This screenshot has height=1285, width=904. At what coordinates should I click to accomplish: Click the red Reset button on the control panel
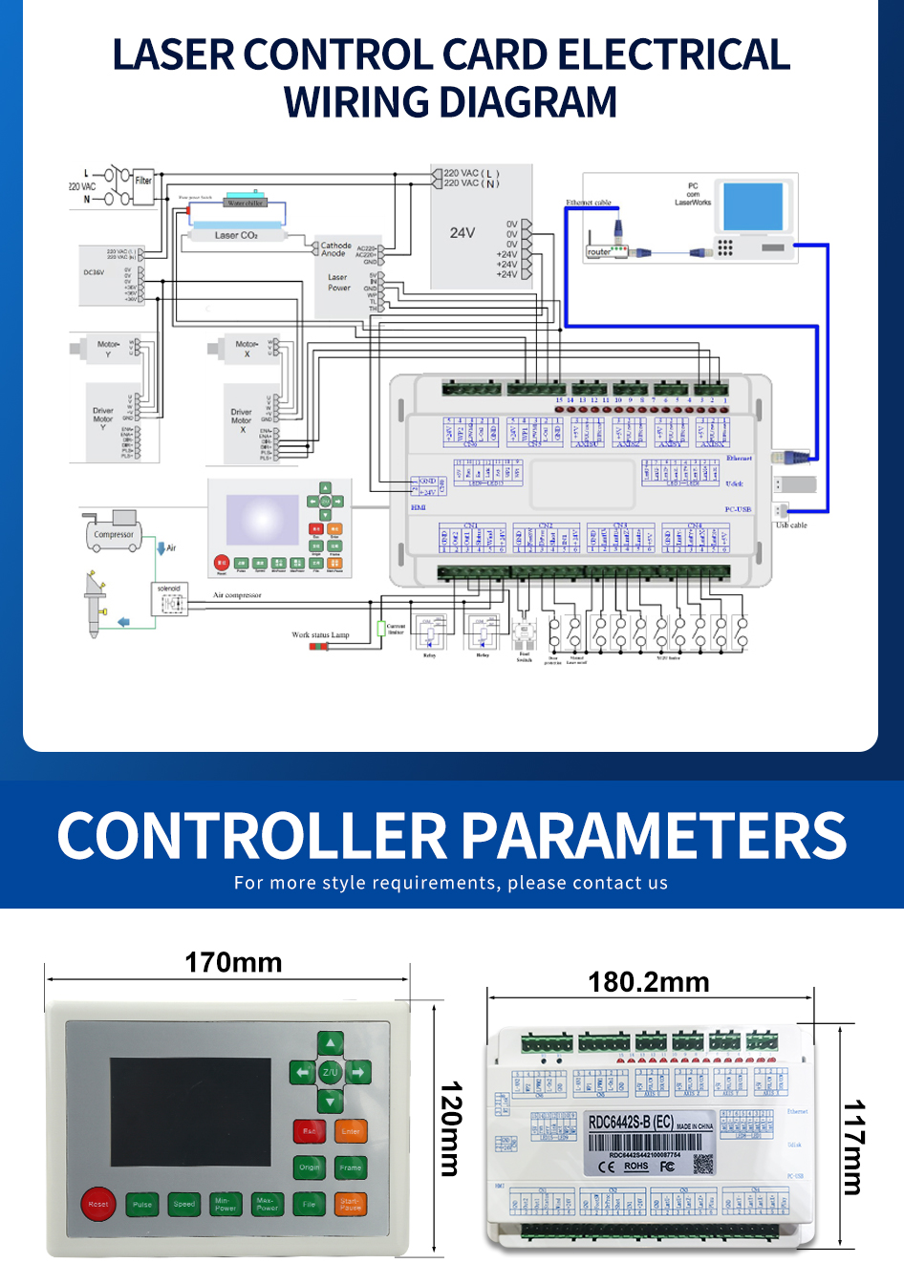(97, 1204)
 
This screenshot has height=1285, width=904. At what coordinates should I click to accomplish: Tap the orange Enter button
(351, 1131)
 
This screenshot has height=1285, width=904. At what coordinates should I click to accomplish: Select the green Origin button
(309, 1167)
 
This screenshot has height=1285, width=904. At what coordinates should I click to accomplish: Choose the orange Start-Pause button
(351, 1205)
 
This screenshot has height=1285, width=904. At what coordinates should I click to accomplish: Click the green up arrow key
(330, 1043)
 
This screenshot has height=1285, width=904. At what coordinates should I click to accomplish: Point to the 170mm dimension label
(233, 962)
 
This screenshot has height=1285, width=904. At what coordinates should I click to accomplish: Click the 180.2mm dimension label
(648, 982)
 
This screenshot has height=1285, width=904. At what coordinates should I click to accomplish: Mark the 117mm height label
(852, 1146)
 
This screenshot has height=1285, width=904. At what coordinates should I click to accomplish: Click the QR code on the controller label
(703, 1164)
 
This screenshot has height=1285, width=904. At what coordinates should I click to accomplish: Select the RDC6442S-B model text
(631, 1122)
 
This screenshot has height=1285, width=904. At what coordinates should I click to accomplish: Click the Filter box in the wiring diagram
(143, 182)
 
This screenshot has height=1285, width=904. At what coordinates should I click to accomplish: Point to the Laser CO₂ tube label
(236, 235)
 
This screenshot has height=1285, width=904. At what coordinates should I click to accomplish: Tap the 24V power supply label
(463, 232)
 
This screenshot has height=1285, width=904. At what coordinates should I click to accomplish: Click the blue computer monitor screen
(753, 205)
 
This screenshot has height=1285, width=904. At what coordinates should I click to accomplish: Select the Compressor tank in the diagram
(114, 532)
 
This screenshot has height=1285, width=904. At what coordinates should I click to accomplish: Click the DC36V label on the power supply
(94, 272)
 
